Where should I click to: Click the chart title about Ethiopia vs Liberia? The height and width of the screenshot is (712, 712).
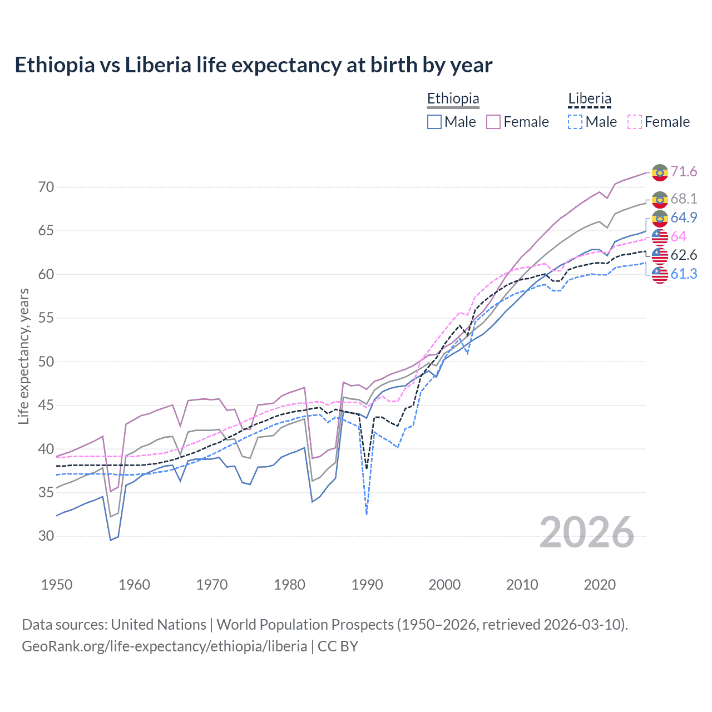tap(253, 65)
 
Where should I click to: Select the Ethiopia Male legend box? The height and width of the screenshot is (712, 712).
tap(434, 122)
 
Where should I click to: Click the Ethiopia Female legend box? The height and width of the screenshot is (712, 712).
tap(493, 122)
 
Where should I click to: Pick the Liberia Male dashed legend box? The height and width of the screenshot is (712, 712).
tap(575, 122)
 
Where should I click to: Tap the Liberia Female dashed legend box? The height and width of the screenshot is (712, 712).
tap(635, 122)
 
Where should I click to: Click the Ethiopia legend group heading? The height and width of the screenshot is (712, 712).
tap(453, 99)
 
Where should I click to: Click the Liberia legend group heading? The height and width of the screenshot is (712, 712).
tap(590, 99)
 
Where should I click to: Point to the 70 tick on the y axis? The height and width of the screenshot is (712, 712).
tap(46, 187)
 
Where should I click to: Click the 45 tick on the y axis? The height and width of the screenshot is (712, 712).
tap(46, 406)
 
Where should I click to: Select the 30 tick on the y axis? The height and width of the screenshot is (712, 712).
tap(46, 536)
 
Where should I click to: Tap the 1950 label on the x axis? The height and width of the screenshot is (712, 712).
tap(57, 585)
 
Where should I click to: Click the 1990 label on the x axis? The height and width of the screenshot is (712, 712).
tap(367, 585)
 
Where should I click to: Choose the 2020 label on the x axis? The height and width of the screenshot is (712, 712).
tap(600, 585)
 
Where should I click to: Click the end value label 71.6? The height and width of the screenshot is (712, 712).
tap(684, 171)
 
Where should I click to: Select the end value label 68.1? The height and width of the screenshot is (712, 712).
tap(684, 199)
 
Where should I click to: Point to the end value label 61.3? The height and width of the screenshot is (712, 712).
tap(684, 274)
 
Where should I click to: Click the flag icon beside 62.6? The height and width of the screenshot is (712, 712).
tap(660, 255)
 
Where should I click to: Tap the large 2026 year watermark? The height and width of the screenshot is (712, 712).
tap(587, 532)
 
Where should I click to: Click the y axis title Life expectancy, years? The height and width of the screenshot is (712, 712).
tap(23, 356)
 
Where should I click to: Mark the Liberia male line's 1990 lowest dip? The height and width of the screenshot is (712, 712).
tap(367, 514)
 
